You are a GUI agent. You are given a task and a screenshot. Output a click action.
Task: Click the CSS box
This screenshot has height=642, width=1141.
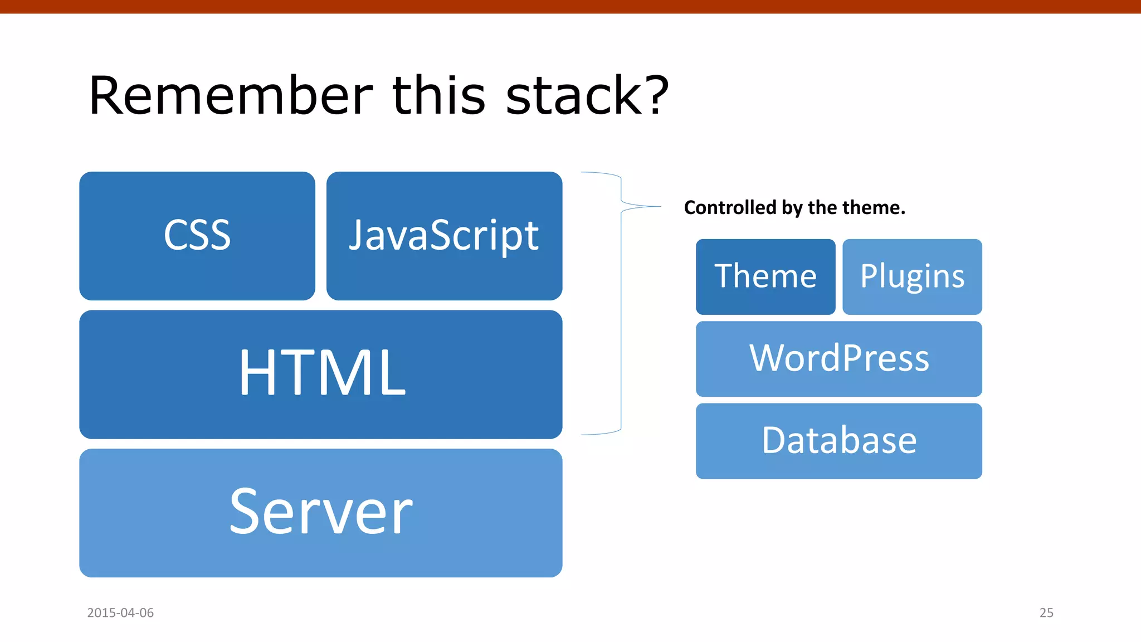(197, 236)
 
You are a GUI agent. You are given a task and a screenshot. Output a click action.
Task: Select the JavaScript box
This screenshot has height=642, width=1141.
(444, 236)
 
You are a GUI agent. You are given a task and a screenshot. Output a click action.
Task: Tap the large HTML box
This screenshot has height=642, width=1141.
(320, 374)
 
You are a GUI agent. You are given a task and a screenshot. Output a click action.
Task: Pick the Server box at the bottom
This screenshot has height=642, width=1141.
(320, 513)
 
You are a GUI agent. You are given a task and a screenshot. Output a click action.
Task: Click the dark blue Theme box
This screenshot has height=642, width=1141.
(765, 276)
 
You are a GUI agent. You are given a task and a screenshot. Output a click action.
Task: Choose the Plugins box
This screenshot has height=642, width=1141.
(911, 276)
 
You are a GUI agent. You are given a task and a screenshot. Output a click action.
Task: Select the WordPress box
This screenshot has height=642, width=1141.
(838, 358)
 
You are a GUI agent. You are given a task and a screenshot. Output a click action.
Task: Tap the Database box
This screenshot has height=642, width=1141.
(838, 441)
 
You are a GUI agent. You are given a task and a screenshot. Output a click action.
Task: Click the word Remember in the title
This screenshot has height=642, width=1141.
(230, 96)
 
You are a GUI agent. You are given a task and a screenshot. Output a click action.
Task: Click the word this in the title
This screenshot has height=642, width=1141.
(438, 96)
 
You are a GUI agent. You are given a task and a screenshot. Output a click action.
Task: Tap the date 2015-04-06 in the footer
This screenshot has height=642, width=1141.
(120, 612)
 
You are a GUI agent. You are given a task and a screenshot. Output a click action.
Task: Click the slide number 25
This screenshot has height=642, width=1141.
(1046, 612)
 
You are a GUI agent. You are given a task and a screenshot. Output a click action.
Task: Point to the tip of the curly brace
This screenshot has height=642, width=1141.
(660, 207)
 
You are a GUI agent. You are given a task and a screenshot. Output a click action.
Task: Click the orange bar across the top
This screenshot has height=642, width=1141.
(570, 6)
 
